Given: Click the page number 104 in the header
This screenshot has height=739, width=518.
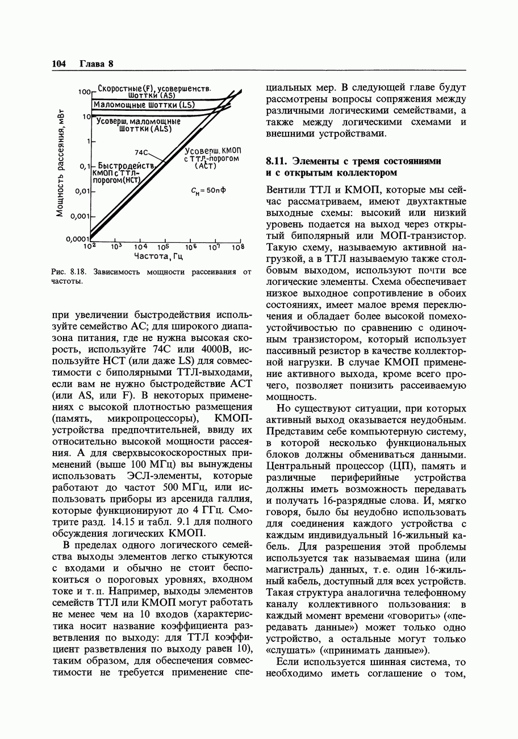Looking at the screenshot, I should [x=59, y=64].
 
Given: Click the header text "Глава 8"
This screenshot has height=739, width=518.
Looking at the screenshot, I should [x=97, y=64].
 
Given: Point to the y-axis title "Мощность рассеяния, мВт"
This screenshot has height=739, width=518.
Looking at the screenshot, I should [x=59, y=164].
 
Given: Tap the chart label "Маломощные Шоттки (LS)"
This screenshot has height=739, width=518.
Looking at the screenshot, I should [x=144, y=105].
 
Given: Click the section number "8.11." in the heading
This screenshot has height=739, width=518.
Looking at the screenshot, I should [x=277, y=161].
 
